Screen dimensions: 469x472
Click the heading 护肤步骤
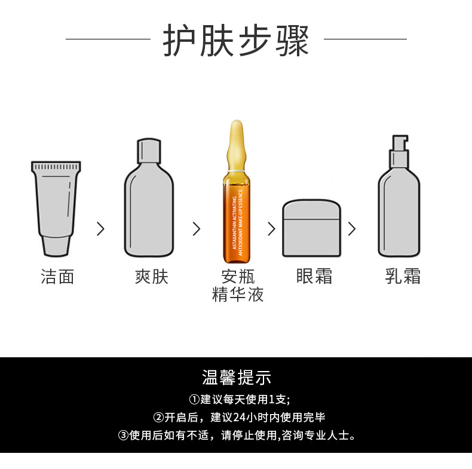(236, 41)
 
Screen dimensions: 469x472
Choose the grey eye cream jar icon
(311, 228)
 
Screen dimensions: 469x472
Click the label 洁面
(57, 277)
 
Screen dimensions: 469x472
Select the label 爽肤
(152, 277)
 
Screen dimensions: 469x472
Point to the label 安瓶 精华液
(238, 286)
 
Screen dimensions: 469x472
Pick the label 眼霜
(314, 277)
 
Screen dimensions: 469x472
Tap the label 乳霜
(403, 277)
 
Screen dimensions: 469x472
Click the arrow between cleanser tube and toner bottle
(100, 229)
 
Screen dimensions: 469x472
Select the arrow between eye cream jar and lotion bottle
(352, 229)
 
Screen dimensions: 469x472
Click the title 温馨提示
(237, 378)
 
